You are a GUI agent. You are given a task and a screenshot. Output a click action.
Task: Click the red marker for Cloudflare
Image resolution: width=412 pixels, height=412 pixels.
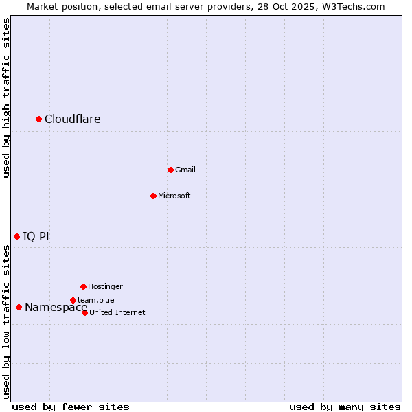[x=39, y=119]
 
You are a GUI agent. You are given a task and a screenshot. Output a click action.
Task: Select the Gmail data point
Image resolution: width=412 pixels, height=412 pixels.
[x=170, y=170]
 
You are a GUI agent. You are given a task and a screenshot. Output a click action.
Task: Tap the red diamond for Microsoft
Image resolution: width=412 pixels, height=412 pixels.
[x=153, y=196]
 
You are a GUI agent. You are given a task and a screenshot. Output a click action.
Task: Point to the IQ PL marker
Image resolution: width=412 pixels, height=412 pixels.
[x=16, y=236]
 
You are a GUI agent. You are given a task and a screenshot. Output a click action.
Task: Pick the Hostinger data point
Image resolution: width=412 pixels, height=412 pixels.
[x=83, y=286]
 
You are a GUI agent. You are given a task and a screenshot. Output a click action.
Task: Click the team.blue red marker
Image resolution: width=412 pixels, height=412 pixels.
[x=73, y=300]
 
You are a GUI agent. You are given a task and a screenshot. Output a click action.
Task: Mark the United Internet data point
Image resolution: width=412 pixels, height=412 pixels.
[x=84, y=312]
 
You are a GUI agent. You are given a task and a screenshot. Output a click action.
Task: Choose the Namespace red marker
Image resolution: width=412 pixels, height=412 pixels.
[x=19, y=307]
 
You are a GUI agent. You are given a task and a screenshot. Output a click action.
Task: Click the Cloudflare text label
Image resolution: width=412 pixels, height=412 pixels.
[x=73, y=119]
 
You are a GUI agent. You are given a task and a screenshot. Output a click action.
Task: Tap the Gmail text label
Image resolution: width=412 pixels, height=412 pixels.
[x=185, y=170]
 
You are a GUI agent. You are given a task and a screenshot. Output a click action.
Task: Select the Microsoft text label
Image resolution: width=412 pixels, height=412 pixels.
[x=174, y=196]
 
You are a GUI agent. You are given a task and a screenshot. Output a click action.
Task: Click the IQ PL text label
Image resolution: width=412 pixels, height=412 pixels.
[x=37, y=237]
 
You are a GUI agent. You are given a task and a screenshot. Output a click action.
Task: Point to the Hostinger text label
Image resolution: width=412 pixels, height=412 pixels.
[x=105, y=286]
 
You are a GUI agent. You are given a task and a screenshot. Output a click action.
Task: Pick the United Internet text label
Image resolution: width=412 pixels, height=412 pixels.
[x=117, y=312]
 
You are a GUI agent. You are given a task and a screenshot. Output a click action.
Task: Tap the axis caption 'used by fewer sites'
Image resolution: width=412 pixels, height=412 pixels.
[x=71, y=407]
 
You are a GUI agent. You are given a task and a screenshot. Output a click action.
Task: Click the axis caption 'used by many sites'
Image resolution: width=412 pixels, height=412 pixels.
[x=345, y=407]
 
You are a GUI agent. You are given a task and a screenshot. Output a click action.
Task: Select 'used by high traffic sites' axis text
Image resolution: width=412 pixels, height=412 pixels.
[x=7, y=98]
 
